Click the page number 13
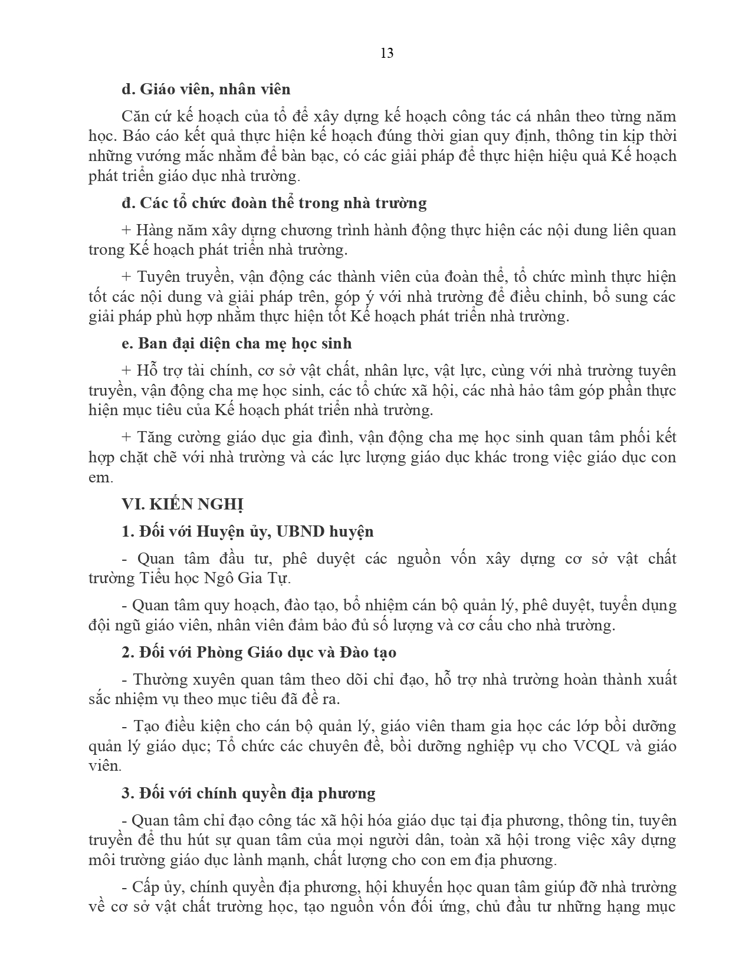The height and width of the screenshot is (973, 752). coord(387,54)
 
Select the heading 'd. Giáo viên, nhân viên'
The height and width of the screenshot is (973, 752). coord(206,89)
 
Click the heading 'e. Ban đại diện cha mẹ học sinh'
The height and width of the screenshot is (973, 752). coord(237,343)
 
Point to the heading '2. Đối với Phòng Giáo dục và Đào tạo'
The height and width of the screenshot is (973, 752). coord(259,652)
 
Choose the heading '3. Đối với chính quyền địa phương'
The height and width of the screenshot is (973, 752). coord(248,793)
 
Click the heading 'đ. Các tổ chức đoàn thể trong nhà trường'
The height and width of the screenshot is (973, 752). coord(274,203)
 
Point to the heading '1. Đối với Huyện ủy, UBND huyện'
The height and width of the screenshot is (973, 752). coord(247,531)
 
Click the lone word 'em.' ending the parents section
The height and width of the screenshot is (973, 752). coord(100,478)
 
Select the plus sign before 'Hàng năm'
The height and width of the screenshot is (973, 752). coord(126,230)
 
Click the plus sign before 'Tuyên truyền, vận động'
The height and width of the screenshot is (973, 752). coord(126,277)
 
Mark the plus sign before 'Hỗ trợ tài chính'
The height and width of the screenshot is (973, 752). coord(126,371)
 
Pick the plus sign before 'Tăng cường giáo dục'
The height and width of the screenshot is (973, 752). coord(126,438)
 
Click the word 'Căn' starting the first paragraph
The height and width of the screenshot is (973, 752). coord(134,117)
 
